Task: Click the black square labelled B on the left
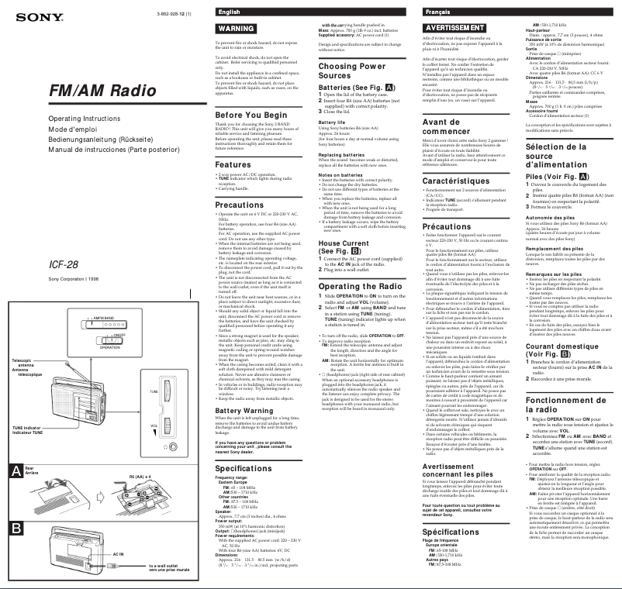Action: point(16,529)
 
